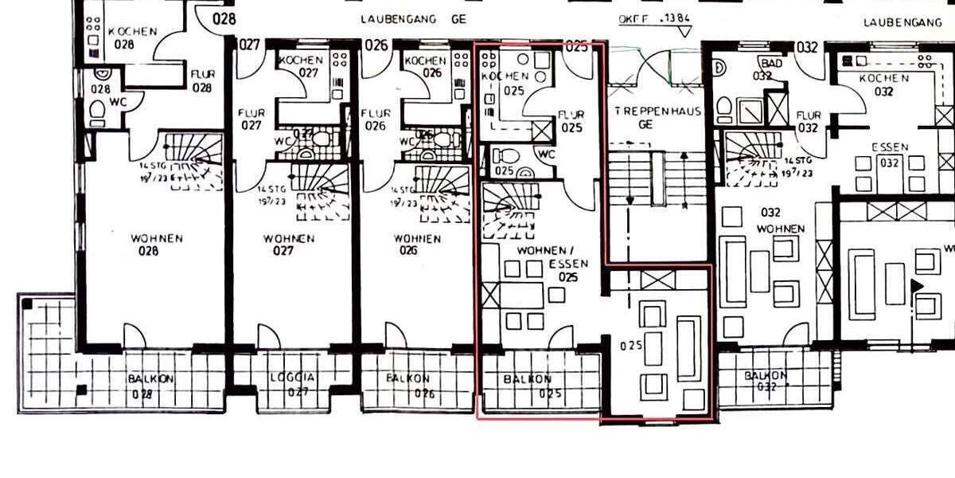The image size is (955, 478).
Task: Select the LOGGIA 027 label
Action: pos(292,385)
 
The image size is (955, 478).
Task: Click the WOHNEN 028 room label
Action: pos(157,245)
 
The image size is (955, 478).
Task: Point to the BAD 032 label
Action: pos(769,69)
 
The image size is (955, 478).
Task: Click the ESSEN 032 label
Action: pos(889,155)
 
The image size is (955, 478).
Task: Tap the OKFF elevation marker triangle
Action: pos(683,32)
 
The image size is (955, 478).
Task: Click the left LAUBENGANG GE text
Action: pos(411,19)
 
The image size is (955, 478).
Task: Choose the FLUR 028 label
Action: pos(202,81)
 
